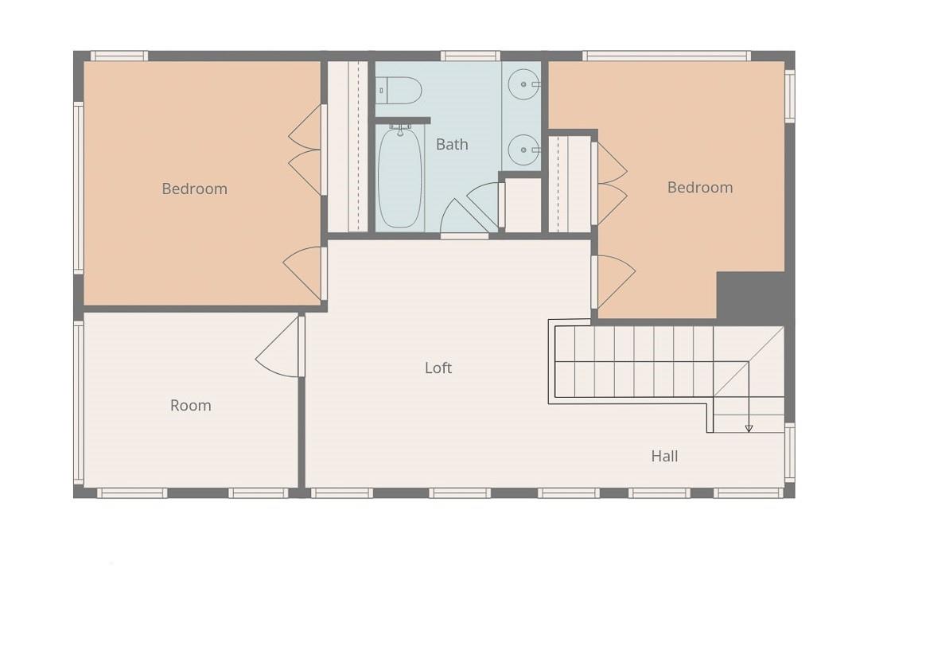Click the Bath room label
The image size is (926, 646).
pyautogui.click(x=452, y=144)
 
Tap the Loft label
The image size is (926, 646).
pyautogui.click(x=438, y=368)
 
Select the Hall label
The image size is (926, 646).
pyautogui.click(x=664, y=456)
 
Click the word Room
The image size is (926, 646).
pyautogui.click(x=190, y=405)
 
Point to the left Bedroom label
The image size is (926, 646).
pyautogui.click(x=194, y=189)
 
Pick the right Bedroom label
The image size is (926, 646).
pyautogui.click(x=700, y=188)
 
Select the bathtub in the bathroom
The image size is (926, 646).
pyautogui.click(x=400, y=177)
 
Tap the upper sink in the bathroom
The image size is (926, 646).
pyautogui.click(x=523, y=84)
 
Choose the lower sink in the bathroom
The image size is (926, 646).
pyautogui.click(x=523, y=150)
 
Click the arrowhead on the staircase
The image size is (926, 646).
pyautogui.click(x=749, y=429)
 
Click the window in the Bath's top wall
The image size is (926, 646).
pyautogui.click(x=471, y=56)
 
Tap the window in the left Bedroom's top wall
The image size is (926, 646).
pyautogui.click(x=119, y=56)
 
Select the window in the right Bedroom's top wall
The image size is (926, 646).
pyautogui.click(x=667, y=56)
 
